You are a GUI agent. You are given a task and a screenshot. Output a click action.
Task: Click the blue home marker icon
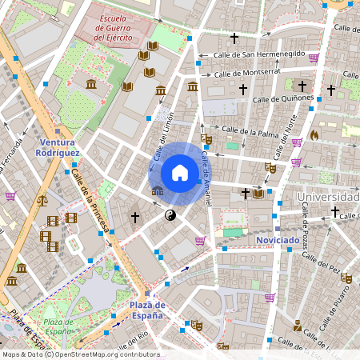pos(180,173)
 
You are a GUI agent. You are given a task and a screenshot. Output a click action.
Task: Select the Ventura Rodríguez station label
pos(58,146)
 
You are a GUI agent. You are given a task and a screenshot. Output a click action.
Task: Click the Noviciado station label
pos(278,239)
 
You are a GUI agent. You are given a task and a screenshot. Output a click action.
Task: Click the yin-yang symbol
pos(170,215)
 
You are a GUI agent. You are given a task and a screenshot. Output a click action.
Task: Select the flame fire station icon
pos(314,135)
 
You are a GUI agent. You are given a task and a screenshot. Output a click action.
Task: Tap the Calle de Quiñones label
pos(283,98)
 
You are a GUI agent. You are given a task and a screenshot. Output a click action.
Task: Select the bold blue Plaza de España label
pos(147,310)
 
